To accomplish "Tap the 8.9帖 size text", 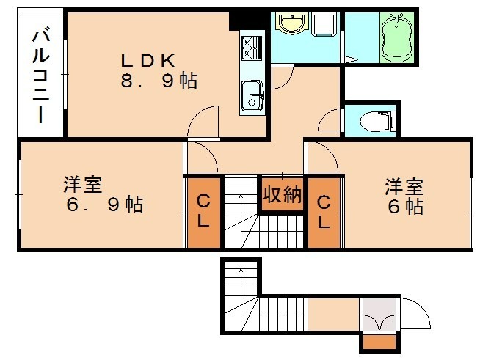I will tap(159, 81).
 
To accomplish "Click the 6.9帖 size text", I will tap(104, 205).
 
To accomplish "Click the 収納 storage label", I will tap(283, 195).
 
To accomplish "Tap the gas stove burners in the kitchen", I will tap(251, 48).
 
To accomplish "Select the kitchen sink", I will tap(252, 95).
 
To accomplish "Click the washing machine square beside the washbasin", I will tap(323, 26).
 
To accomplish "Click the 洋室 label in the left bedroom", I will tap(82, 183).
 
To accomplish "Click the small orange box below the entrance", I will tap(378, 341).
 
